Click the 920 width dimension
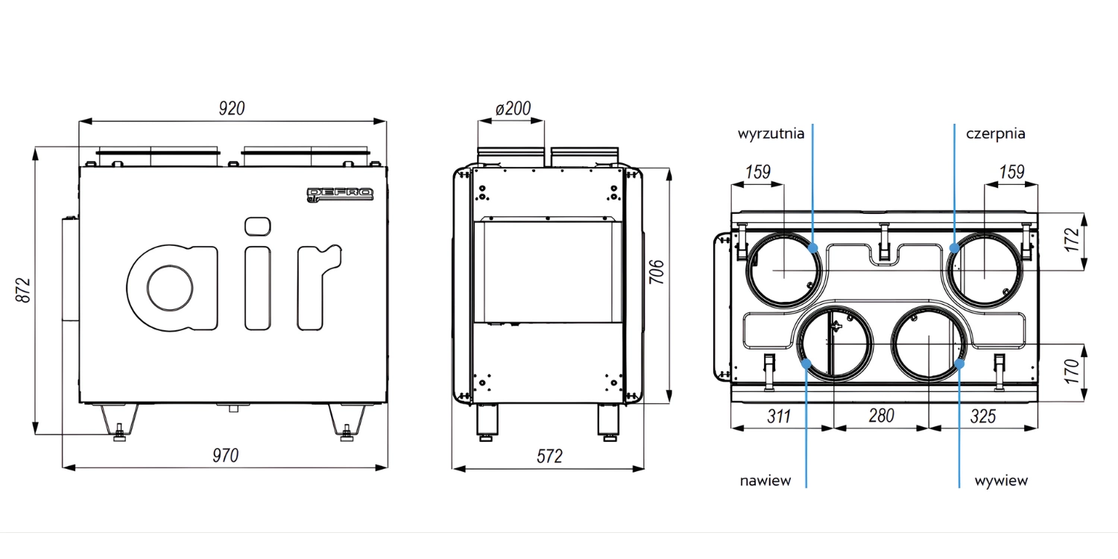click(x=232, y=109)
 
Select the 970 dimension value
click(x=226, y=455)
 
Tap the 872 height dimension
click(x=23, y=290)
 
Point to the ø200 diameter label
click(x=513, y=109)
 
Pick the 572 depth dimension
click(x=550, y=456)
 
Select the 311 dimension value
click(x=780, y=416)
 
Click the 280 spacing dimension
click(x=881, y=416)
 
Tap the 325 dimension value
click(x=983, y=416)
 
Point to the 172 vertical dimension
click(x=1072, y=240)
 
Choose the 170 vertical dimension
click(x=1072, y=370)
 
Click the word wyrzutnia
click(x=771, y=134)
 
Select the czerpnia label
click(x=995, y=134)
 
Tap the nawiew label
click(x=765, y=481)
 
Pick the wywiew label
click(x=1001, y=481)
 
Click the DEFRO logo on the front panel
click(x=340, y=195)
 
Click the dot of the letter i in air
click(x=256, y=226)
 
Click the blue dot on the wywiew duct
click(x=959, y=364)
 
